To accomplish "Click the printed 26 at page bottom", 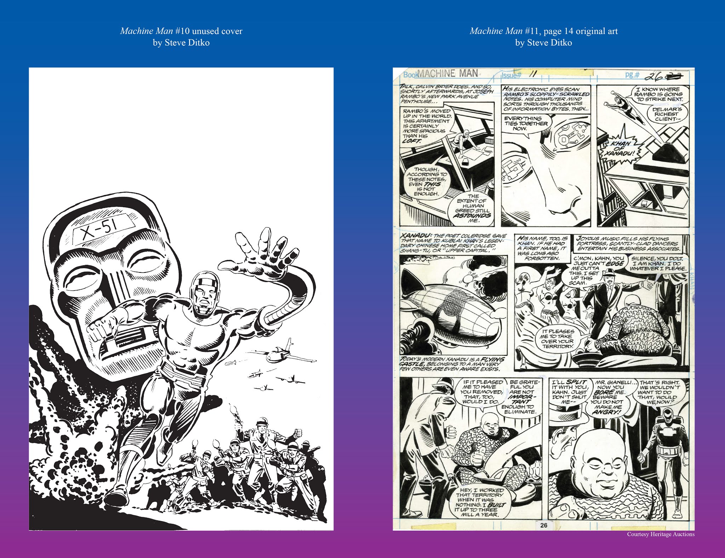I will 544,525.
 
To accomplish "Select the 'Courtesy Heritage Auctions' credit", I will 661,534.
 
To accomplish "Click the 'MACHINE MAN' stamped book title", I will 447,74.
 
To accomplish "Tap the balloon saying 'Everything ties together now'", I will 525,123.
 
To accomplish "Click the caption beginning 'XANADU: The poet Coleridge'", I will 453,243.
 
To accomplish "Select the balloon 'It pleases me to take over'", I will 557,338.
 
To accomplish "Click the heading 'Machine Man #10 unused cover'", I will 181,31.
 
